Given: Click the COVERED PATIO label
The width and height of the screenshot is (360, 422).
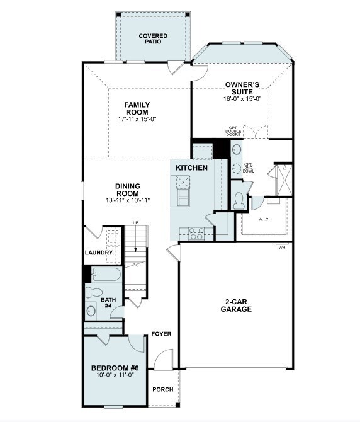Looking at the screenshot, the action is pos(153,39).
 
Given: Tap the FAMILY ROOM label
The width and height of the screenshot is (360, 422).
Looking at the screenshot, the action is pos(137,108).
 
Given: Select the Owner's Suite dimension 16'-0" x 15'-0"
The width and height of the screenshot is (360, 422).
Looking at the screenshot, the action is pos(242,99).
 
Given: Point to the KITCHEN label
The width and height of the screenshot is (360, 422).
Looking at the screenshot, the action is pos(192,168).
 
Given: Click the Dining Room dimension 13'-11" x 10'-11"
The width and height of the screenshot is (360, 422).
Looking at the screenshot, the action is pos(128,200).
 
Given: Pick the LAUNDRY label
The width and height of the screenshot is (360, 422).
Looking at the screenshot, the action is pos(99,253).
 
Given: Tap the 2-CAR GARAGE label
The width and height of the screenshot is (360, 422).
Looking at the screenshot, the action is pos(236,305).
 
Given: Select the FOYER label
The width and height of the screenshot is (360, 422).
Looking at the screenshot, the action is pos(161,334).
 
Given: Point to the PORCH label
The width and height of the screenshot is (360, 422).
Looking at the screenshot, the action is pos(163,389).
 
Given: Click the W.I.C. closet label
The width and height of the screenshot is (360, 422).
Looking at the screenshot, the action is pos(264,219).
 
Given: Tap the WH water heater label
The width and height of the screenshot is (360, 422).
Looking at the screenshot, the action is pos(282,247).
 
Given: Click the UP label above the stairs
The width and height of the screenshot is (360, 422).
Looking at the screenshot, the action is pos(135,223).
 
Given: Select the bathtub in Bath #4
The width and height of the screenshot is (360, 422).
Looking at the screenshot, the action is pos(107,274).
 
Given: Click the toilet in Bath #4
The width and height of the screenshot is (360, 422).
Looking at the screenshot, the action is pos(94,292).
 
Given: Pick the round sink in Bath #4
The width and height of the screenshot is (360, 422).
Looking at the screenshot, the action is pos(91,311).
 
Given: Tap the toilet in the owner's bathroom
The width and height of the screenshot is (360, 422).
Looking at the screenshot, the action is pos(239,200).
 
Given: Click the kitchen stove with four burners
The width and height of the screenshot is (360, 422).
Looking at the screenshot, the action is pos(196,234).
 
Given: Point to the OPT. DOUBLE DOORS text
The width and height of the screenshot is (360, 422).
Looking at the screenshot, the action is pos(233,131).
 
